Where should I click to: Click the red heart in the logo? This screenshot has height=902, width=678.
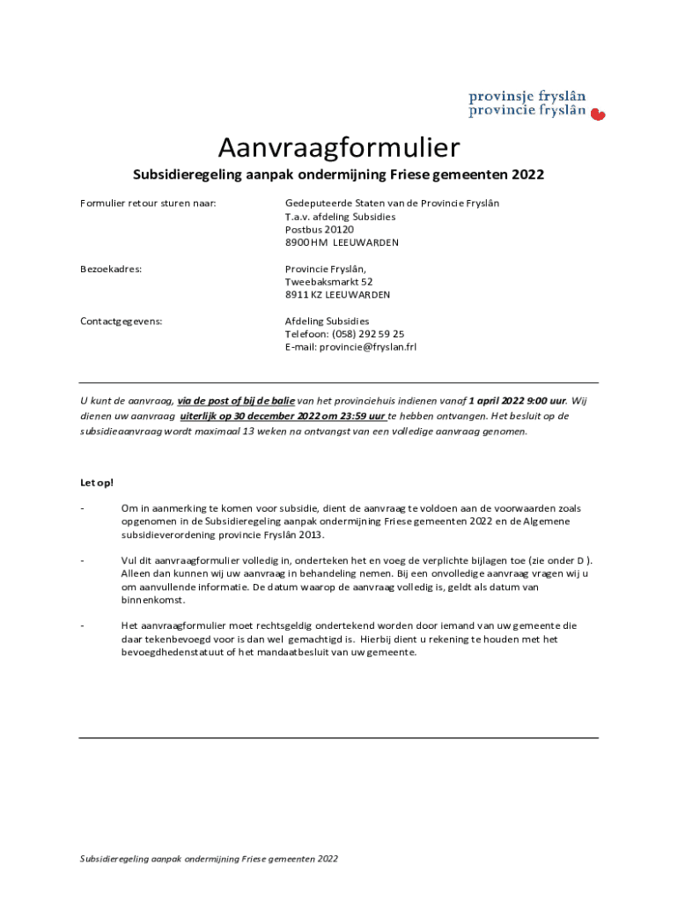[597, 114]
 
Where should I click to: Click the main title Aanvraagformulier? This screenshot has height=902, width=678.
[339, 145]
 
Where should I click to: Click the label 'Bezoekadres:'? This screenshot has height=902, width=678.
[112, 269]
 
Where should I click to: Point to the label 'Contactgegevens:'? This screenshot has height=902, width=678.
[122, 321]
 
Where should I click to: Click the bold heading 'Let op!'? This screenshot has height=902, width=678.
[97, 483]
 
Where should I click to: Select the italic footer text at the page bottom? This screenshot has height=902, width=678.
[209, 859]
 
